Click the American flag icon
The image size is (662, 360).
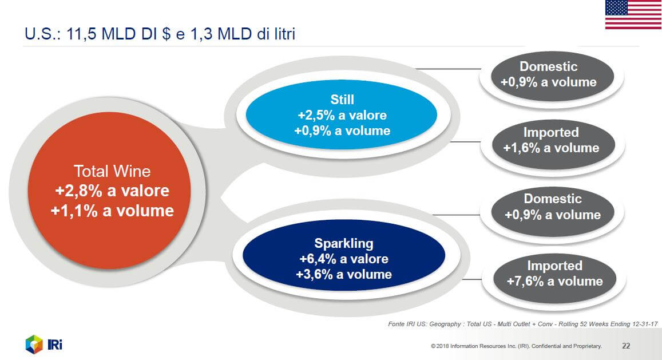tap(633, 14)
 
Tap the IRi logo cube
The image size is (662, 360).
tap(34, 345)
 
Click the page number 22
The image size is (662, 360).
tap(626, 346)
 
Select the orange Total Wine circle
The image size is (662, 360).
tap(109, 191)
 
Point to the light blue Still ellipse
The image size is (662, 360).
tap(341, 114)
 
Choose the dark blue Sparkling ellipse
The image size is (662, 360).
tap(344, 255)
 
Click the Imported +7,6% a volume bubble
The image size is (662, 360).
tap(555, 279)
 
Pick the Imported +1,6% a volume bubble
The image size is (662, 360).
tap(553, 145)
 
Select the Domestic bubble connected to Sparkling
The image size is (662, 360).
tap(553, 211)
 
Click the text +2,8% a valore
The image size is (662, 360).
tap(112, 191)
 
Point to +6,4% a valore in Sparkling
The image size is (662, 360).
tap(344, 259)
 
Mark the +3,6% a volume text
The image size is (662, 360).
tap(344, 274)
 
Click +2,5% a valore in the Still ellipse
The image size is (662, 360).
tap(342, 115)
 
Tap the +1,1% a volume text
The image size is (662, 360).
tap(112, 211)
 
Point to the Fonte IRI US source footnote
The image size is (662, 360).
tap(522, 324)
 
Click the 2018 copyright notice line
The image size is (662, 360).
tap(516, 346)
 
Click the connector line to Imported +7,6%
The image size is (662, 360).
tap(472, 279)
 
